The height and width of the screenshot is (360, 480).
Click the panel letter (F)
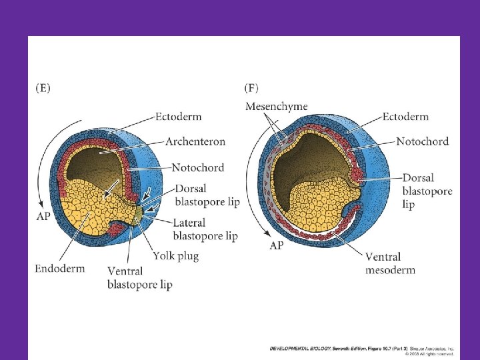252,87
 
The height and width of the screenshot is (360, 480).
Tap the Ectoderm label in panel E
179,117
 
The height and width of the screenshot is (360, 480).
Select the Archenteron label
195,141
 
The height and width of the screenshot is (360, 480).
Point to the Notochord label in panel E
197,167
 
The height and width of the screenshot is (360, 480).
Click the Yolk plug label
175,255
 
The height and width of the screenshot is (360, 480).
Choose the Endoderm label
60,269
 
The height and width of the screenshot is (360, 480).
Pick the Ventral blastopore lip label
139,277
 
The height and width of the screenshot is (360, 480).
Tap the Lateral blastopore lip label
205,229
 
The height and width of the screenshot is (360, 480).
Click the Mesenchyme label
277,106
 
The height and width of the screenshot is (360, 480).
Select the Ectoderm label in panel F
405,117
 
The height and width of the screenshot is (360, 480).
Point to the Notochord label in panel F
422,141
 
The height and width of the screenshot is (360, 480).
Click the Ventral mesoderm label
390,263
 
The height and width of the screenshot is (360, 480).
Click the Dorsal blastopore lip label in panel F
427,191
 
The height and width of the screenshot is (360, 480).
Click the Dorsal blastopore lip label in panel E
207,194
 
